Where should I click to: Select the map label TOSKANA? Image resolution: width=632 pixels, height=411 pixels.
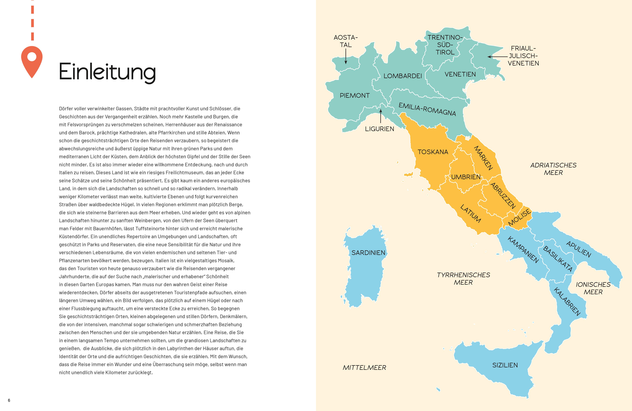[x=433, y=152]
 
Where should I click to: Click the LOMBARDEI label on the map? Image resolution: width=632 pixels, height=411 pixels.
[x=403, y=76]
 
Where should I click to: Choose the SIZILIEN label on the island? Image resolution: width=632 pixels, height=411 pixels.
[x=505, y=365]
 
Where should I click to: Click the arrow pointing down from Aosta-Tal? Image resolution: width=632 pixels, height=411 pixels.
[x=346, y=57]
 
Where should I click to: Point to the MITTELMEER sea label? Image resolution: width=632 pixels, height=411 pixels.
[x=364, y=368]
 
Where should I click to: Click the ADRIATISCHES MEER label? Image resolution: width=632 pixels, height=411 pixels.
[x=553, y=169]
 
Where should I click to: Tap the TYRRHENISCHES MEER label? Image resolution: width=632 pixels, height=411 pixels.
[x=463, y=279]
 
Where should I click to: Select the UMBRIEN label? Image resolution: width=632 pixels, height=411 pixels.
[x=466, y=177]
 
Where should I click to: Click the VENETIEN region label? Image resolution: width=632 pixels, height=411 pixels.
[x=460, y=74]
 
